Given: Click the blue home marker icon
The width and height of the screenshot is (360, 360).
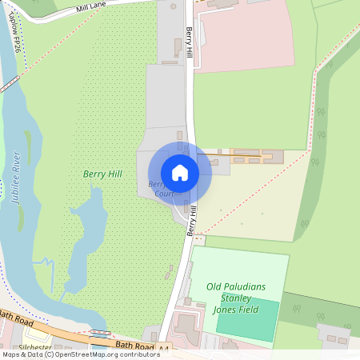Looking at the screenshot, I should [180, 172].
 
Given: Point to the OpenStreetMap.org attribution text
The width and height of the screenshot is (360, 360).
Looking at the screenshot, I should [104, 354].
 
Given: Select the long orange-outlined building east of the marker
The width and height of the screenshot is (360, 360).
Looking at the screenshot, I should [256, 156].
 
